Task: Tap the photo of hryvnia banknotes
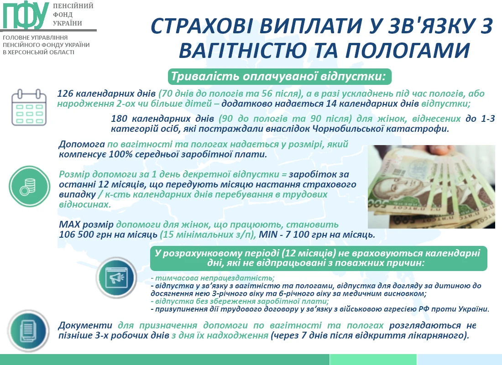(431, 187)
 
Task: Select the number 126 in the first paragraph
(65, 94)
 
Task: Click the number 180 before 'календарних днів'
(119, 119)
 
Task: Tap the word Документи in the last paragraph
(85, 325)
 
